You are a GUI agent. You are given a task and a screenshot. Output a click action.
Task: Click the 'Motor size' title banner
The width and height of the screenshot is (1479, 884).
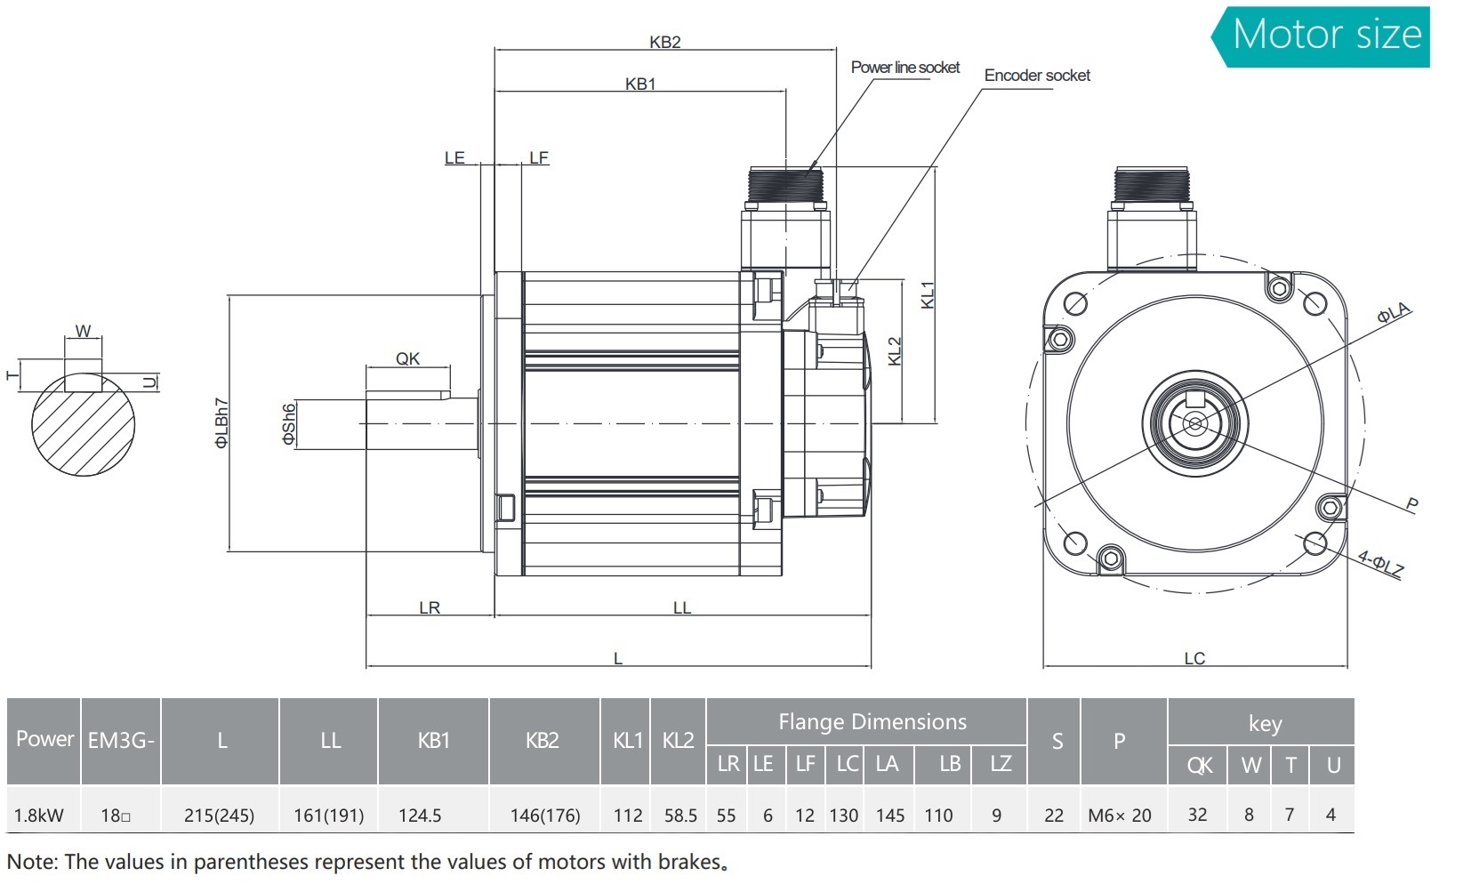1326,36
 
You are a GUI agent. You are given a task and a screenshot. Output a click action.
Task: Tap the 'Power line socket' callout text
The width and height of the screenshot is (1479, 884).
904,68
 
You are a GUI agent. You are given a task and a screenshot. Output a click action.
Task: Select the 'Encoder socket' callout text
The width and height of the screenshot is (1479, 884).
1036,76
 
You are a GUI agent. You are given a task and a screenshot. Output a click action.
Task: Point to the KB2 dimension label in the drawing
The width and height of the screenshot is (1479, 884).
664,42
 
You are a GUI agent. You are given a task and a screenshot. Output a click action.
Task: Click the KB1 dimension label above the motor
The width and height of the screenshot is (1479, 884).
639,84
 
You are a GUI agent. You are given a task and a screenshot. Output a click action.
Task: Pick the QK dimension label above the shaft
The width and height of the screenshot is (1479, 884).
407,358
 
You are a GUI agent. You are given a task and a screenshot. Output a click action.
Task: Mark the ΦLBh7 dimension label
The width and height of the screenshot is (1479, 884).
221,423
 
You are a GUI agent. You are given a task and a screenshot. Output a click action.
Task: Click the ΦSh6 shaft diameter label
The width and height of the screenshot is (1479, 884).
288,425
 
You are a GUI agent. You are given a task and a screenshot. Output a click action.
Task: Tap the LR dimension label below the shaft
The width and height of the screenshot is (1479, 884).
430,607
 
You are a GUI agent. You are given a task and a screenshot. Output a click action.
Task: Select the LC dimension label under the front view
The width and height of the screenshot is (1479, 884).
1194,658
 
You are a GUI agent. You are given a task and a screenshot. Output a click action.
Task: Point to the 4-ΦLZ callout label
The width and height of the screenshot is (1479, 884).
1380,564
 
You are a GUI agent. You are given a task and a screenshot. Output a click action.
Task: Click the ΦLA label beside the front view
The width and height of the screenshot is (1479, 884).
1394,312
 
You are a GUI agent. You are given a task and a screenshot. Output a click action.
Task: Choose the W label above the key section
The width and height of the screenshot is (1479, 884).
83,331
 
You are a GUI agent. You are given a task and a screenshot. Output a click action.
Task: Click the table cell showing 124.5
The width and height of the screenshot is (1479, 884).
420,815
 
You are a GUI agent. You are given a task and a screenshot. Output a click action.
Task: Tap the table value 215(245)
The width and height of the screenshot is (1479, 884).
219,815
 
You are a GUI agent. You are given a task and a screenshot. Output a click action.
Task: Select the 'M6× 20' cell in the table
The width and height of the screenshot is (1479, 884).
1119,815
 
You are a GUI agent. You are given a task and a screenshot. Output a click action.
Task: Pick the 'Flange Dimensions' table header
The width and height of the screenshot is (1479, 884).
872,721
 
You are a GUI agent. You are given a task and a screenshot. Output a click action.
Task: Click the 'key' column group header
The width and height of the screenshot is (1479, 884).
1264,723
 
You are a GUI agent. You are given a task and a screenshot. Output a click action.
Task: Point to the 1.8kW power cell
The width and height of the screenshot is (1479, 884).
39,815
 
